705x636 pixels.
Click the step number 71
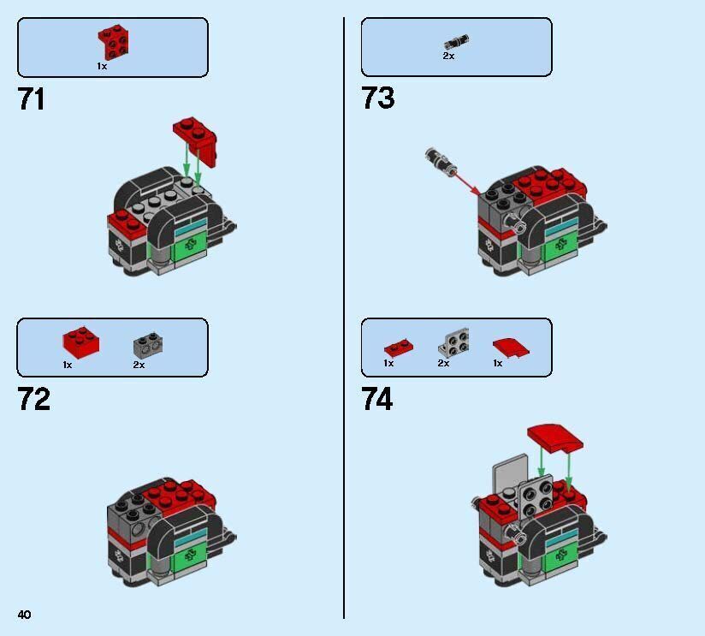[32, 99]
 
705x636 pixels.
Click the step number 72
[33, 400]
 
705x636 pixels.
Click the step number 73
[378, 98]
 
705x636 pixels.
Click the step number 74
[377, 400]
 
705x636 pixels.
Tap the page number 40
[24, 615]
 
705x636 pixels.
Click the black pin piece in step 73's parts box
[457, 41]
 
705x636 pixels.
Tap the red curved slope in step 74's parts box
[510, 347]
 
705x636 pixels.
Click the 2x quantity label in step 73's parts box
[448, 56]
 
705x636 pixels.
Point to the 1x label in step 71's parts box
[102, 66]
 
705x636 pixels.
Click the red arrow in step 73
[464, 181]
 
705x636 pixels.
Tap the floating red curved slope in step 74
[556, 437]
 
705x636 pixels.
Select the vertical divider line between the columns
[344, 317]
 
